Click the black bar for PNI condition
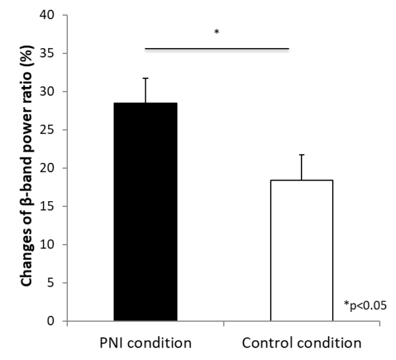point(145,212)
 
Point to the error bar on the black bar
point(146,90)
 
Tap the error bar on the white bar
point(302,167)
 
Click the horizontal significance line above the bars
point(216,48)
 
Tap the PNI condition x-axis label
point(145,343)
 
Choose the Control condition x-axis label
point(302,343)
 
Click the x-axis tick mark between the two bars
point(224,324)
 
